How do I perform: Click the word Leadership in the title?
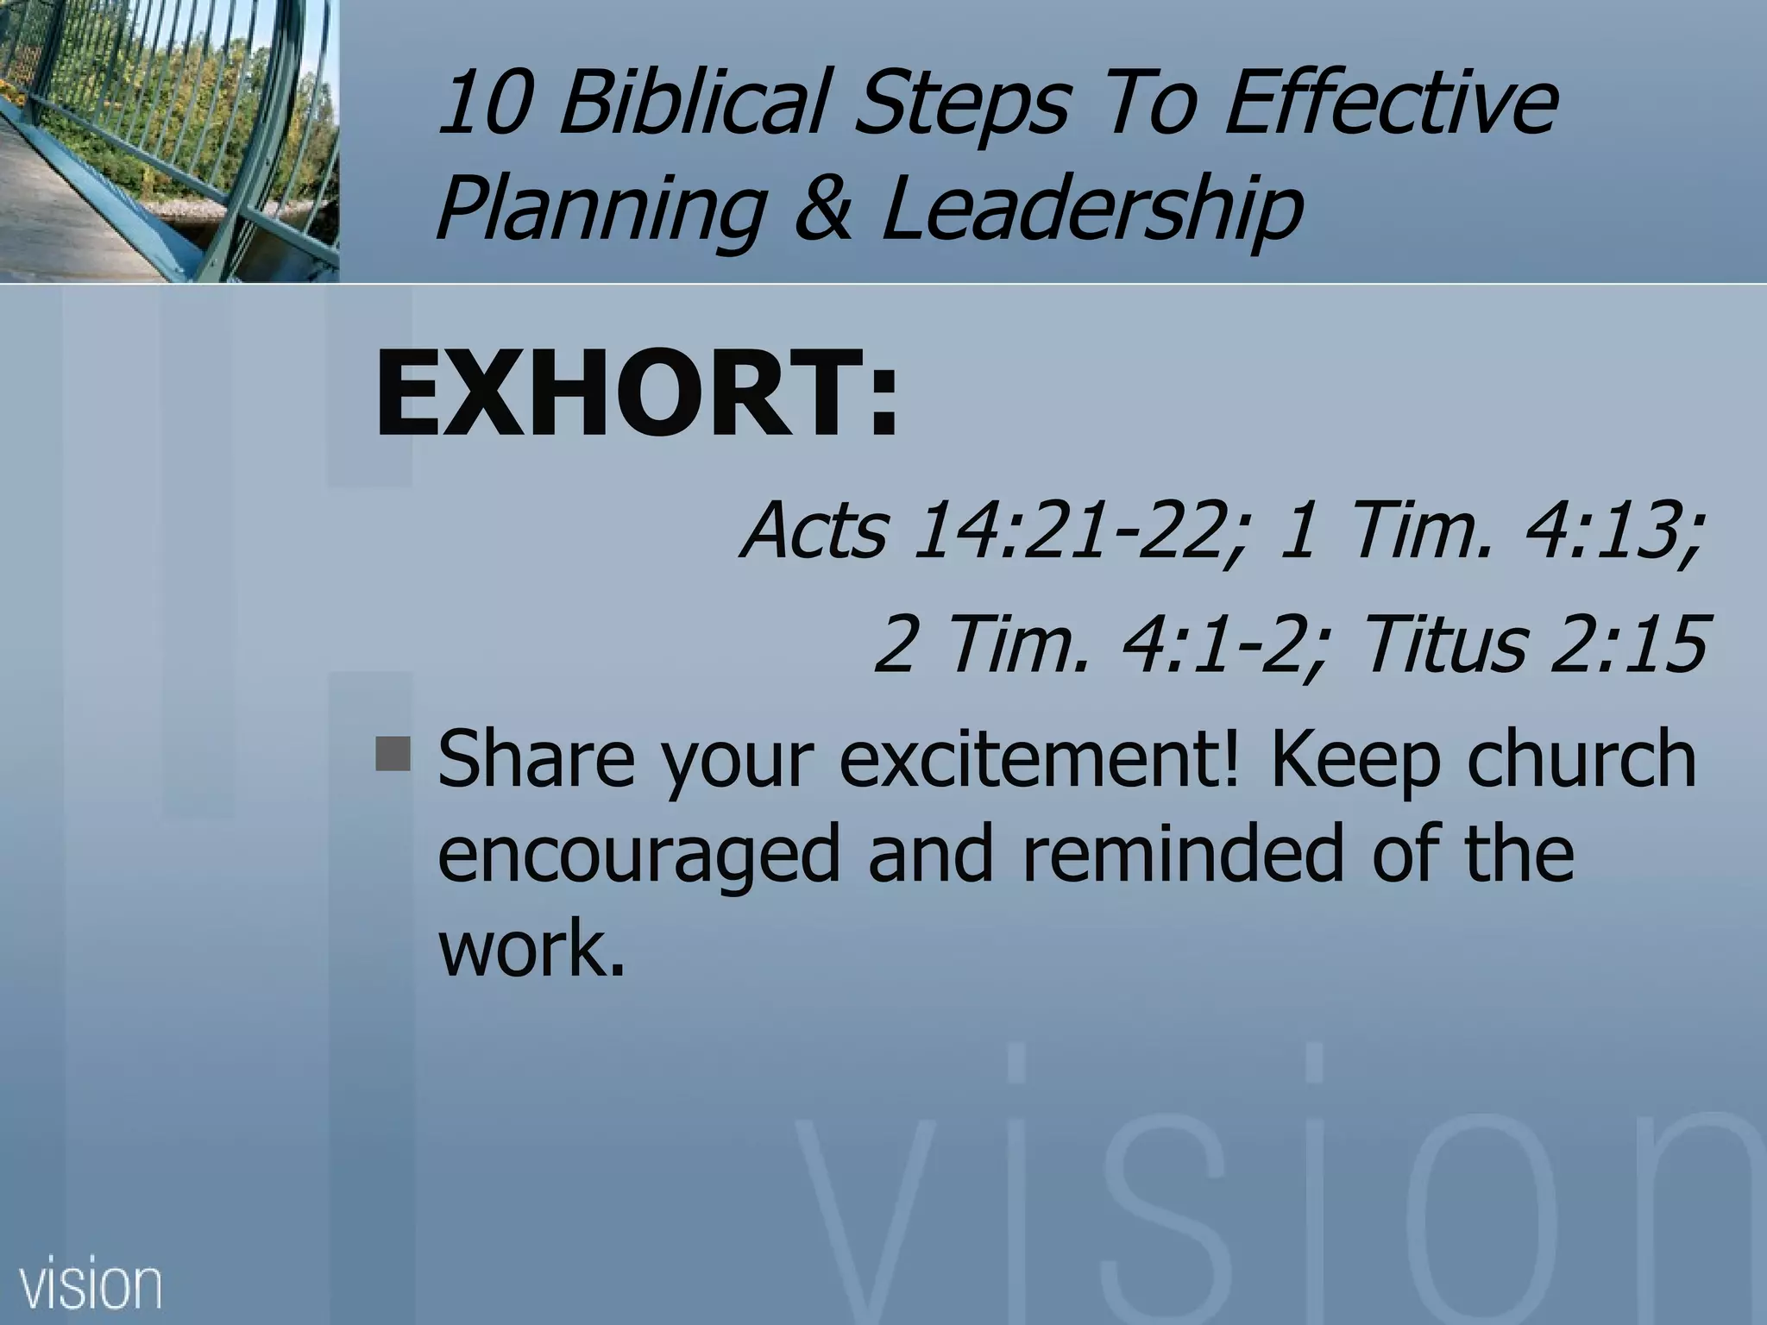point(1091,211)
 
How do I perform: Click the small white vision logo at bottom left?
point(90,1286)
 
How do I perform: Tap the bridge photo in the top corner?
point(169,141)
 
